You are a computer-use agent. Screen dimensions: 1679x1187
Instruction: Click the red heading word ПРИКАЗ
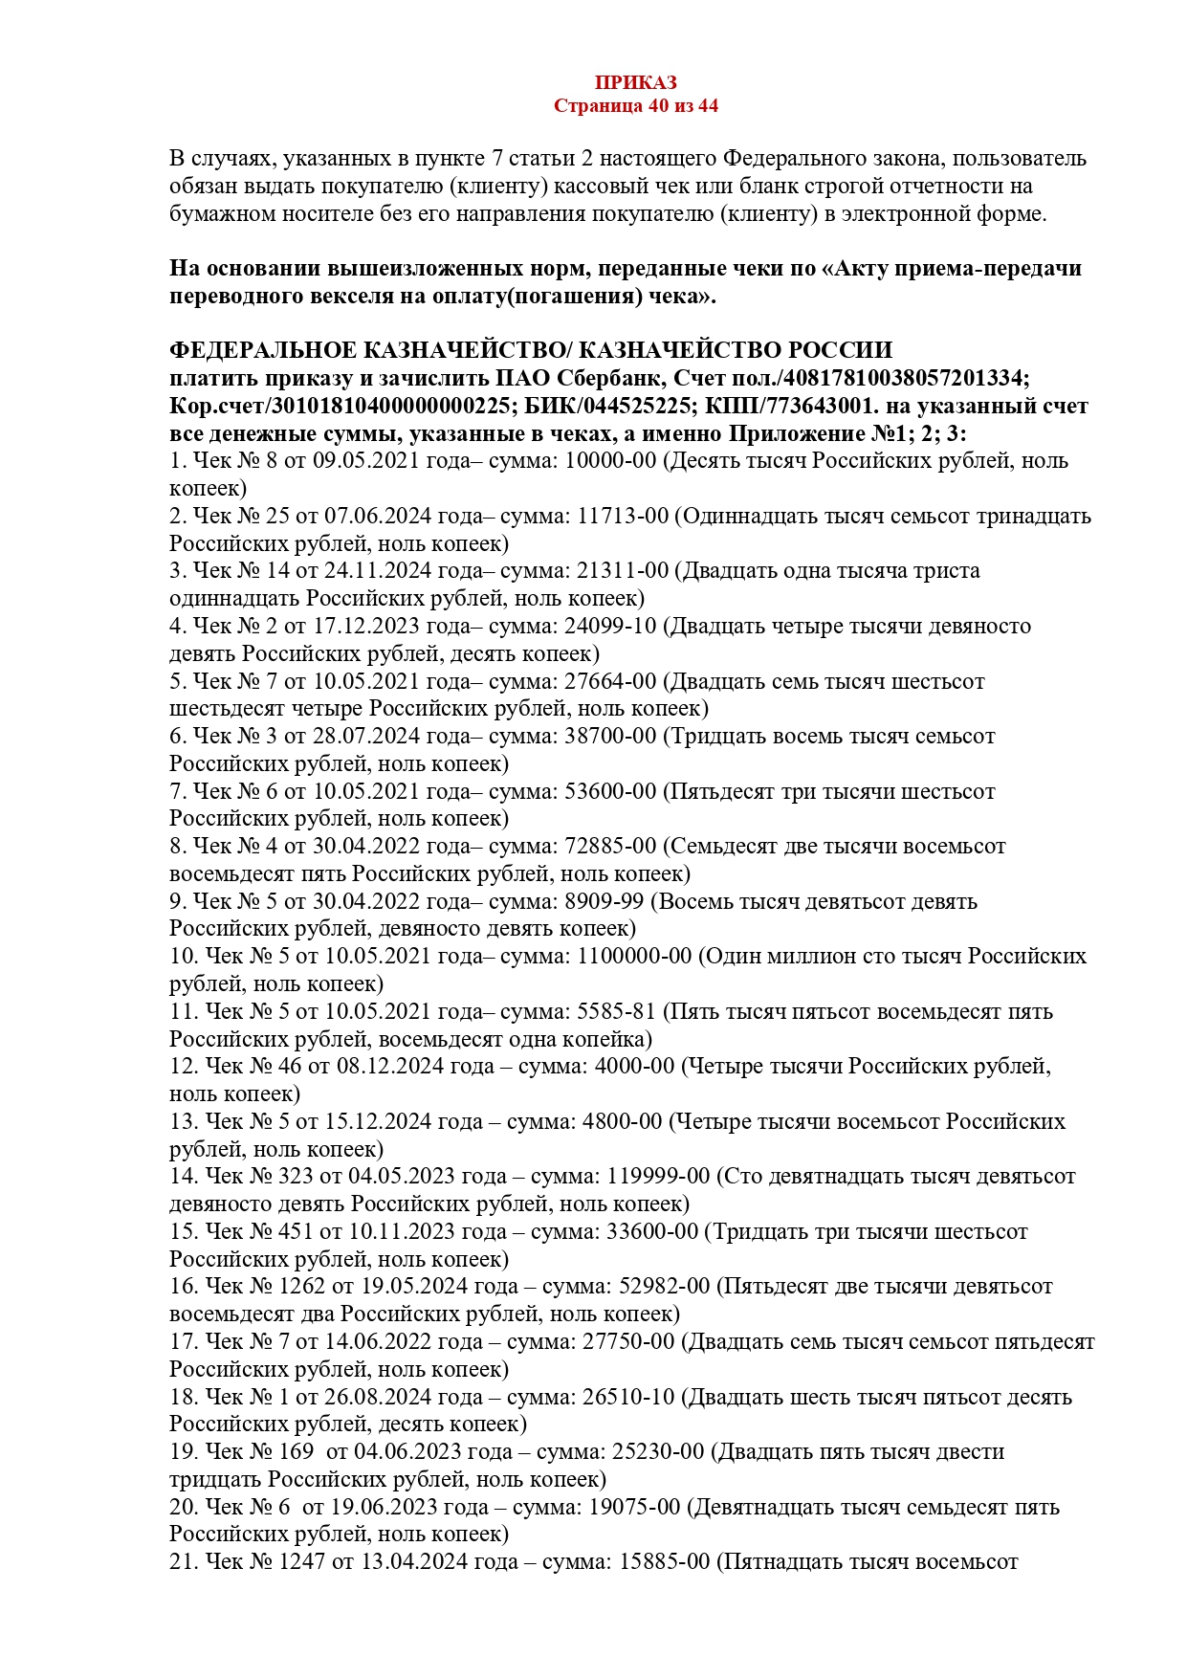[x=635, y=83]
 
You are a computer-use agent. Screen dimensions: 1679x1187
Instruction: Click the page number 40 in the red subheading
[x=658, y=106]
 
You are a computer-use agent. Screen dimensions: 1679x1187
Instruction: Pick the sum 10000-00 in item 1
[x=611, y=461]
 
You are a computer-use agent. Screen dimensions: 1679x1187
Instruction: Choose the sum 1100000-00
[x=634, y=957]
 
